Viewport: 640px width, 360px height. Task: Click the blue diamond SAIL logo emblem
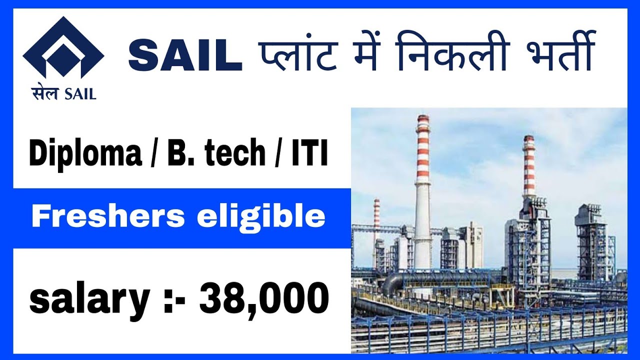coord(63,50)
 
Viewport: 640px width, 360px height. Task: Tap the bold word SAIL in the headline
coord(185,56)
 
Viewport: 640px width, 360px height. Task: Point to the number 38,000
coord(264,299)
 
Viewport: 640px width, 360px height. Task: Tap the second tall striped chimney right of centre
coord(528,170)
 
